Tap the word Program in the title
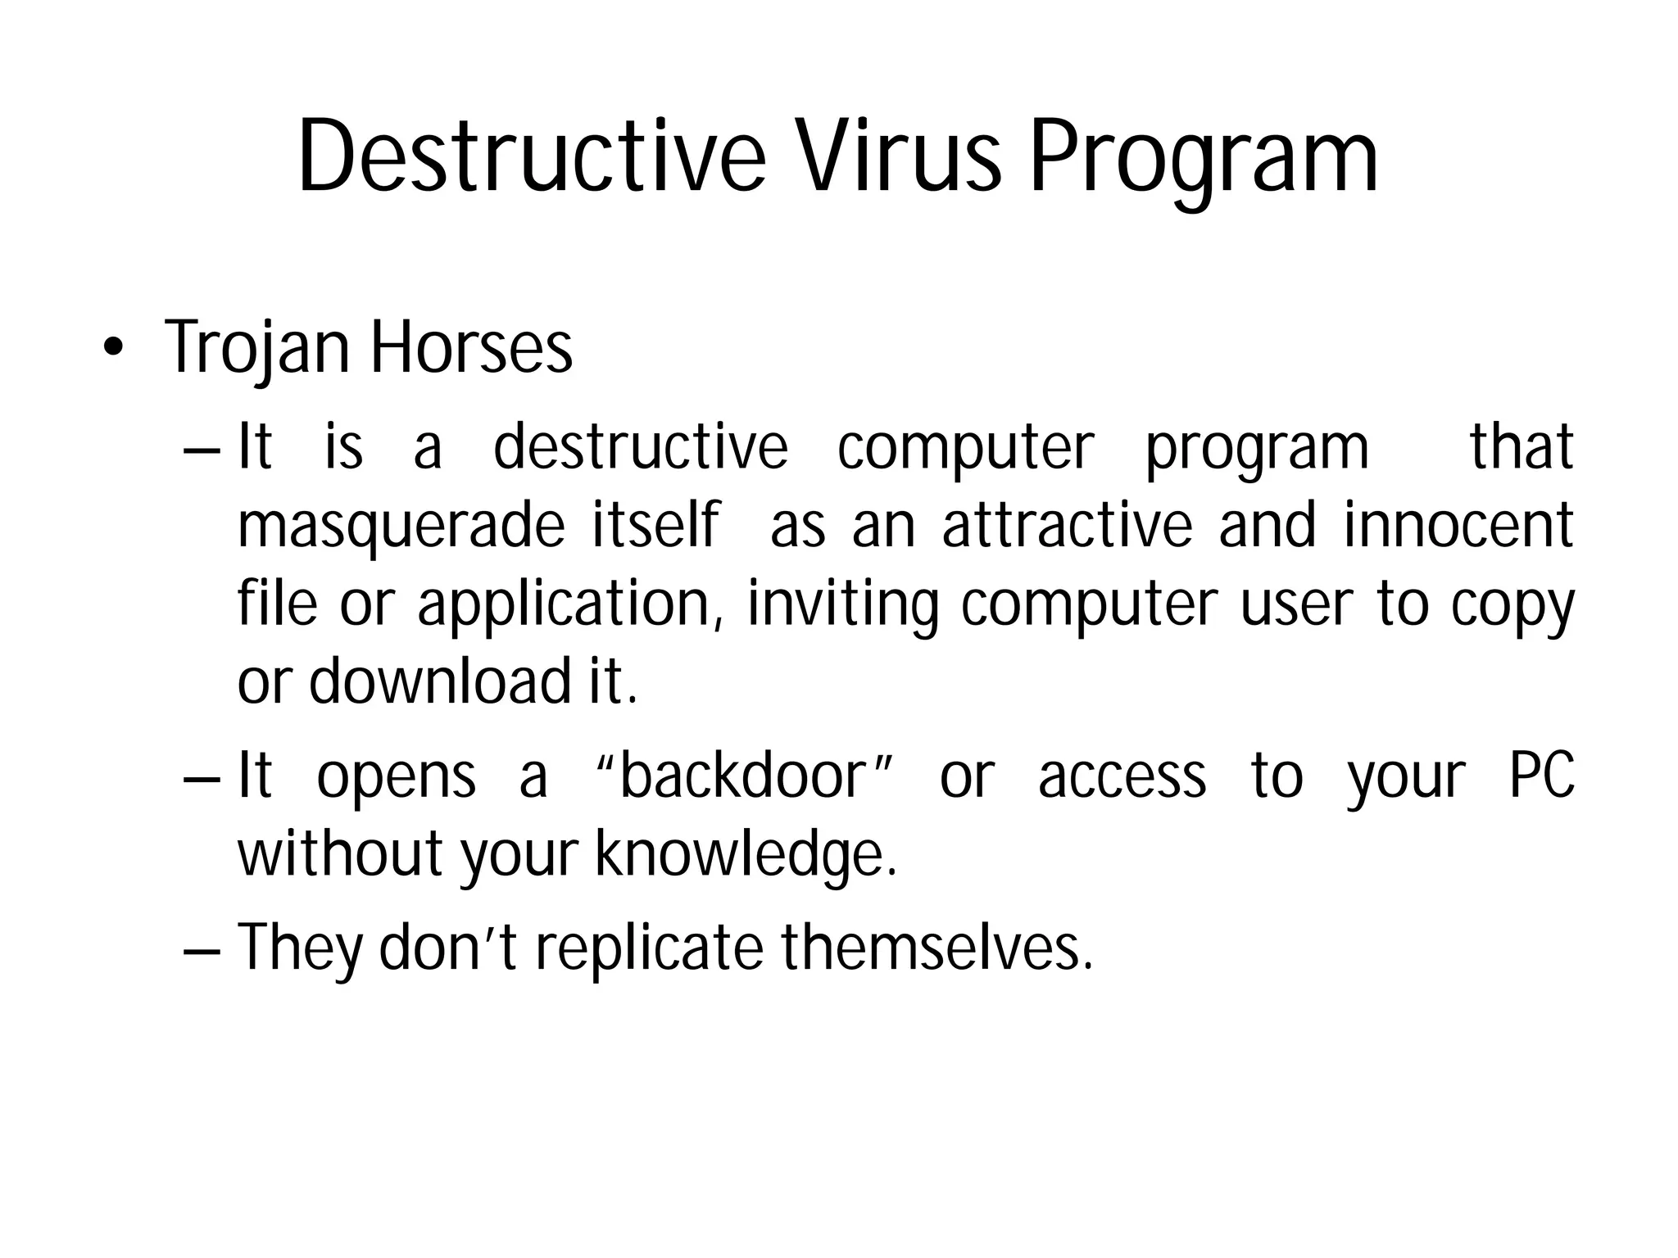click(1204, 160)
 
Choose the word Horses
click(471, 348)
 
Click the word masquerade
click(401, 528)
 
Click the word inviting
click(842, 606)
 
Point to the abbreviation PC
click(1541, 776)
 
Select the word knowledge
click(744, 856)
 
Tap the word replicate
click(648, 947)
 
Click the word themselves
click(936, 947)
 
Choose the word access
click(1122, 777)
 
